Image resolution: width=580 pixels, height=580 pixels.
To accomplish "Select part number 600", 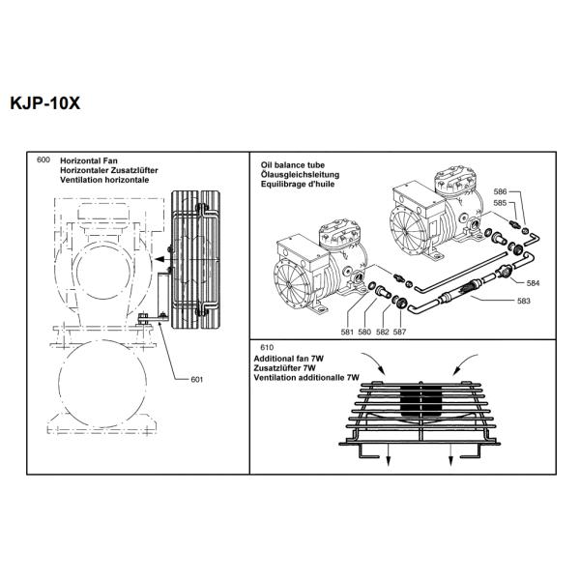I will click(x=43, y=159).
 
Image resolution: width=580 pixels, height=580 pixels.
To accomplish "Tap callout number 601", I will click(x=197, y=379).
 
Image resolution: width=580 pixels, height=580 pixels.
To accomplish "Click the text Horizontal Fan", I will click(x=89, y=159).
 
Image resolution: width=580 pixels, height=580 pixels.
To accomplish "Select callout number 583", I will click(x=523, y=302).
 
